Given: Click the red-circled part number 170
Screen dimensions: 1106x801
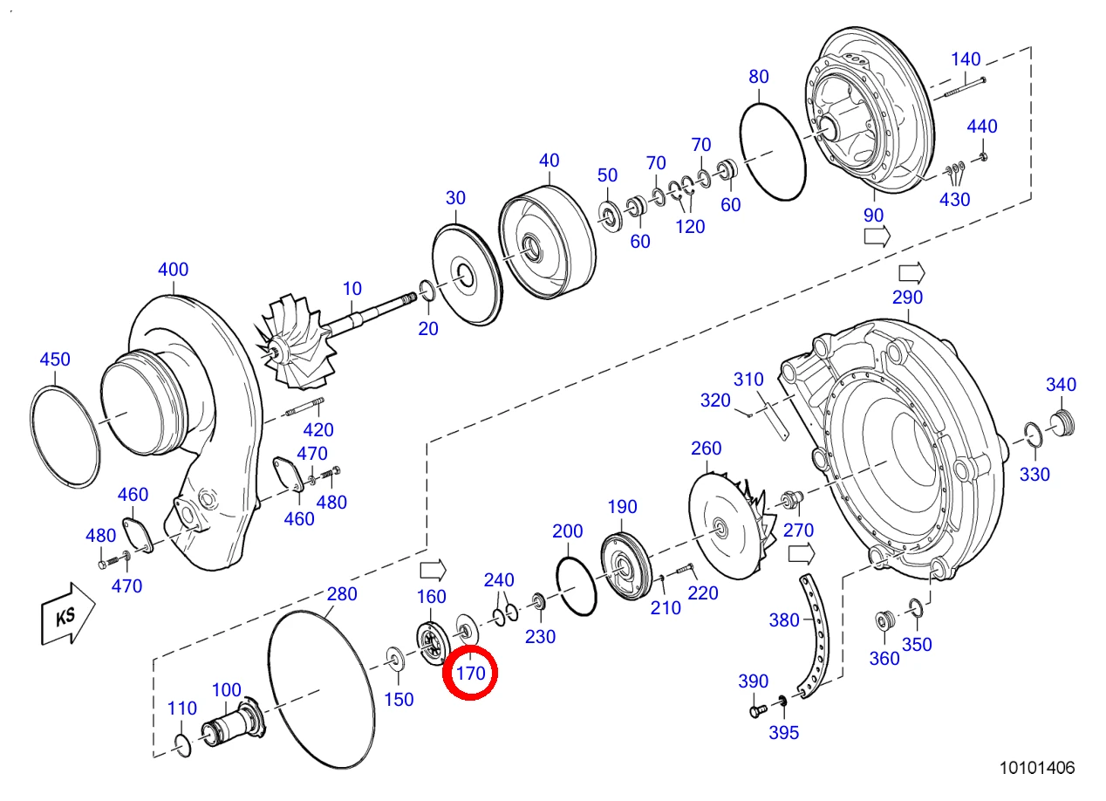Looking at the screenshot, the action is click(x=470, y=673).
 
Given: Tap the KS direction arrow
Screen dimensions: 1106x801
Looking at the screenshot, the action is click(x=68, y=614).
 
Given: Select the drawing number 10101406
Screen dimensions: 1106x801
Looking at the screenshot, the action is click(x=1037, y=768).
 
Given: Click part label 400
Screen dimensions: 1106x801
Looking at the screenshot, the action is click(x=173, y=269).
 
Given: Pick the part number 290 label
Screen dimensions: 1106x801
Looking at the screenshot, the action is click(x=907, y=298).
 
